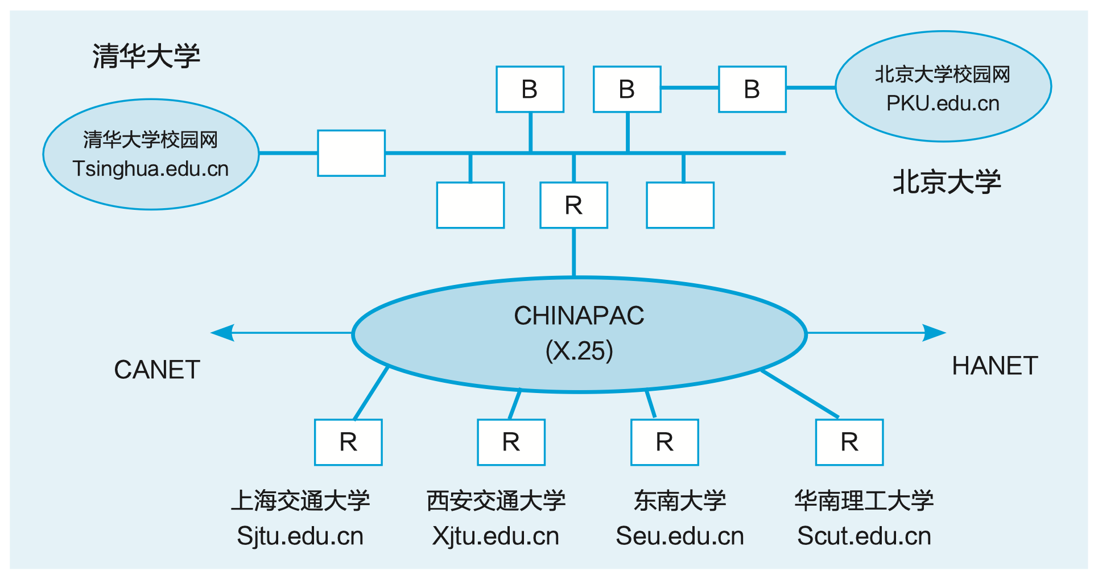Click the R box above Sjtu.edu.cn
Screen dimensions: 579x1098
point(348,442)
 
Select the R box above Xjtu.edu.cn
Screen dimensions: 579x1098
point(511,442)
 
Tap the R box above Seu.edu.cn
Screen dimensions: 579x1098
point(664,442)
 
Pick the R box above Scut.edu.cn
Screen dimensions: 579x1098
point(849,442)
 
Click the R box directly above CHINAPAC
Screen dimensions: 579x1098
point(573,205)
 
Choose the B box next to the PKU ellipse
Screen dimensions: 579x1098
point(752,89)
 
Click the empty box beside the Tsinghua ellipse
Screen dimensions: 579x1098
point(351,153)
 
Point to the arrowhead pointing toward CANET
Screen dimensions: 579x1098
point(222,333)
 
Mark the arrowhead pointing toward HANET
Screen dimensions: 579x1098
point(934,333)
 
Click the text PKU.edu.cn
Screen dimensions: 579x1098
point(943,104)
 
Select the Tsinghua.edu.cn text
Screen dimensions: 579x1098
point(151,169)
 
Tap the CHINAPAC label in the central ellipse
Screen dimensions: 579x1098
point(579,316)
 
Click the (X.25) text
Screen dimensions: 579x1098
point(579,350)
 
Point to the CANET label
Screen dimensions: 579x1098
point(157,370)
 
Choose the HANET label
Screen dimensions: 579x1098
point(995,366)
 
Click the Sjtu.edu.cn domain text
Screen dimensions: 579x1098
point(300,536)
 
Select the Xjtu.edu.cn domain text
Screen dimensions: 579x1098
point(496,536)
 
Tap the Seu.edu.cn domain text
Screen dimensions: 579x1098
point(680,536)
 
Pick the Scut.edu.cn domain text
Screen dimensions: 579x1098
point(864,536)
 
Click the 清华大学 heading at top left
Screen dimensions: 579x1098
point(146,56)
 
